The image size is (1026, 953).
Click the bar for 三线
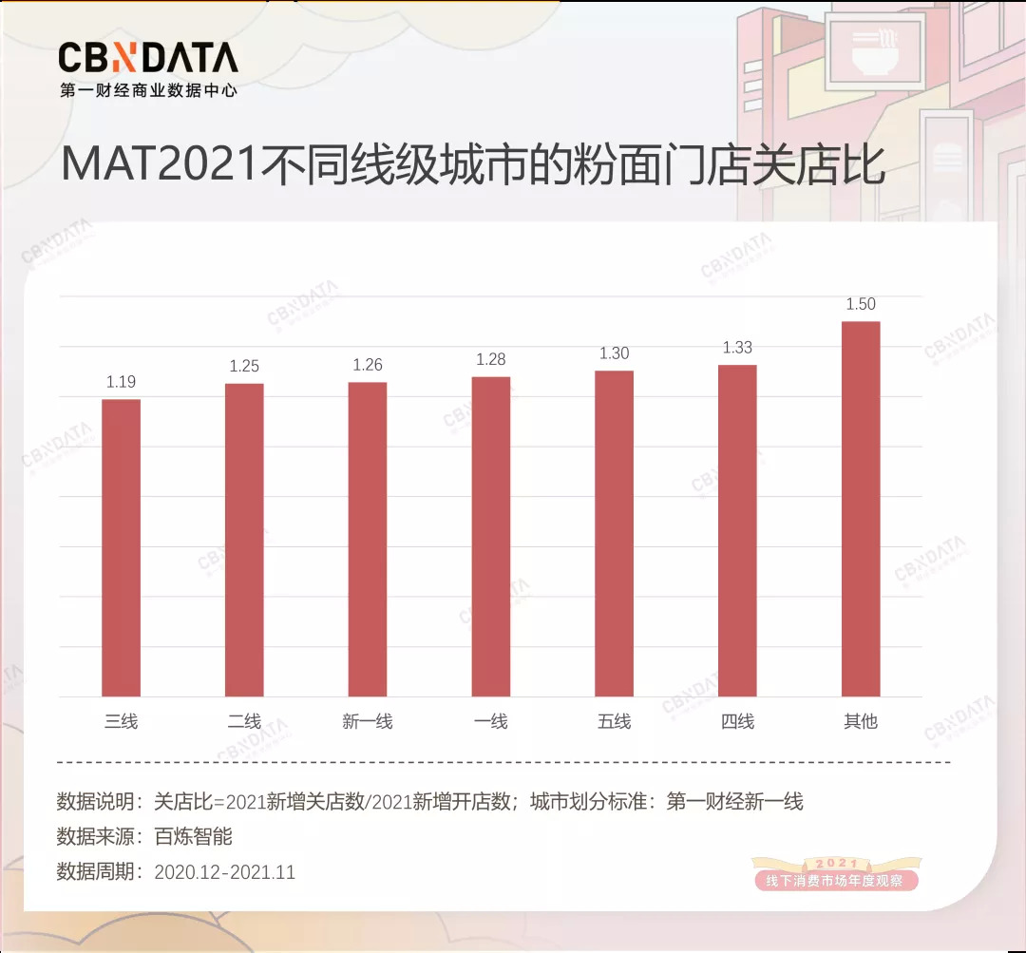click(x=121, y=548)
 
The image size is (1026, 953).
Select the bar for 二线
click(x=244, y=540)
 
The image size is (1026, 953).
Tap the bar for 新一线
click(x=368, y=540)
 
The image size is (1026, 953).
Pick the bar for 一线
click(x=491, y=537)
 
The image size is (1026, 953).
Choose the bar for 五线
click(x=614, y=534)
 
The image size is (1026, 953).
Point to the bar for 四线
click(x=737, y=531)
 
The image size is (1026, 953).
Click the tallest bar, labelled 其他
click(x=861, y=509)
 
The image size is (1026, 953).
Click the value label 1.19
click(x=121, y=382)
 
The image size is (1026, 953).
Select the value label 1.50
click(x=861, y=305)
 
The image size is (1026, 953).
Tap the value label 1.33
click(x=737, y=348)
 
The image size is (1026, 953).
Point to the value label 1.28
click(x=491, y=359)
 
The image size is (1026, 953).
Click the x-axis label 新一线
click(x=368, y=722)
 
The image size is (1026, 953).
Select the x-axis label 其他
click(x=861, y=722)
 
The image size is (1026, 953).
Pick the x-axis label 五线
click(x=614, y=722)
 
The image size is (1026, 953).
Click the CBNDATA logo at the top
click(x=147, y=59)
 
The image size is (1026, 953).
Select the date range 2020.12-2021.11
click(x=224, y=872)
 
